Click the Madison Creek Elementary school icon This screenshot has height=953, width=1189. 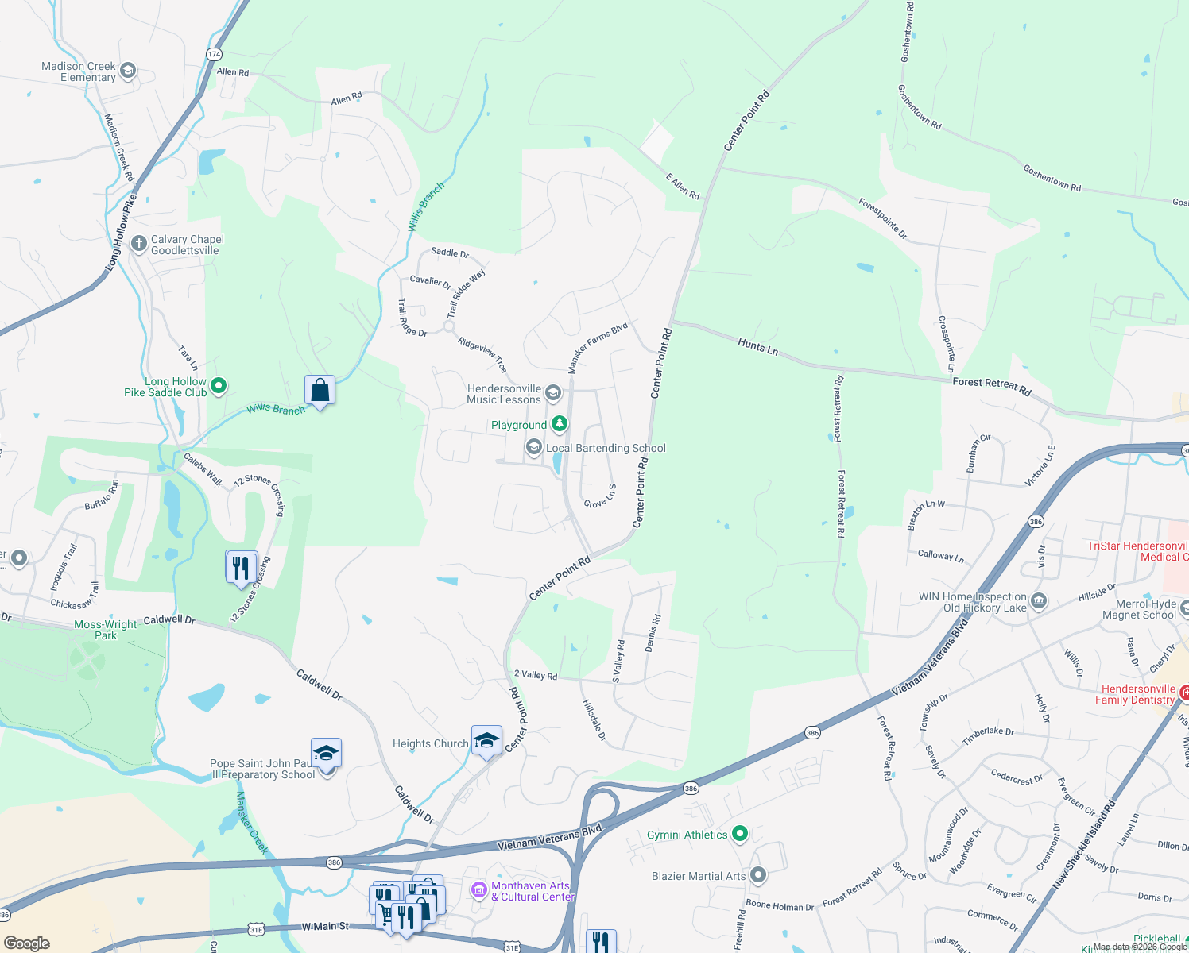(x=127, y=71)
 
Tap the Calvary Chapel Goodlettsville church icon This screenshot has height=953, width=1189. (x=139, y=244)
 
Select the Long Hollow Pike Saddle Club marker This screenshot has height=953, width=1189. (x=219, y=387)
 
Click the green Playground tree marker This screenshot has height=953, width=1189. (x=560, y=424)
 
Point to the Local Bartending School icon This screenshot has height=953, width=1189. (x=534, y=448)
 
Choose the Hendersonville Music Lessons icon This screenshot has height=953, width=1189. (x=553, y=393)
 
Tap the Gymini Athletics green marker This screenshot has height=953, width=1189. (x=740, y=834)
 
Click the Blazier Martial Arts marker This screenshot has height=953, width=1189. (x=758, y=875)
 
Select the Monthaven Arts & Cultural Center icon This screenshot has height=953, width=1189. (x=479, y=890)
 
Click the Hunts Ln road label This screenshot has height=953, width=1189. (x=757, y=346)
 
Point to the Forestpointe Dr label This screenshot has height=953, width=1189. (x=882, y=218)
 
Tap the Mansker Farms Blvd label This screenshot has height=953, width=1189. (x=598, y=348)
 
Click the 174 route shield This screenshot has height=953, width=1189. (x=214, y=54)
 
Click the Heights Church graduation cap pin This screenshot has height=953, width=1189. (x=486, y=741)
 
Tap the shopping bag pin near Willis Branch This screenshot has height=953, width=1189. (x=320, y=391)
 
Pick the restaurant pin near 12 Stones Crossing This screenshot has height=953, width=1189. (x=241, y=568)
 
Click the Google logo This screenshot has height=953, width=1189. (x=27, y=943)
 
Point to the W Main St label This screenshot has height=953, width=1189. (x=325, y=927)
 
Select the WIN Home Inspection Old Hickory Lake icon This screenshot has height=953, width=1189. (x=1039, y=602)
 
